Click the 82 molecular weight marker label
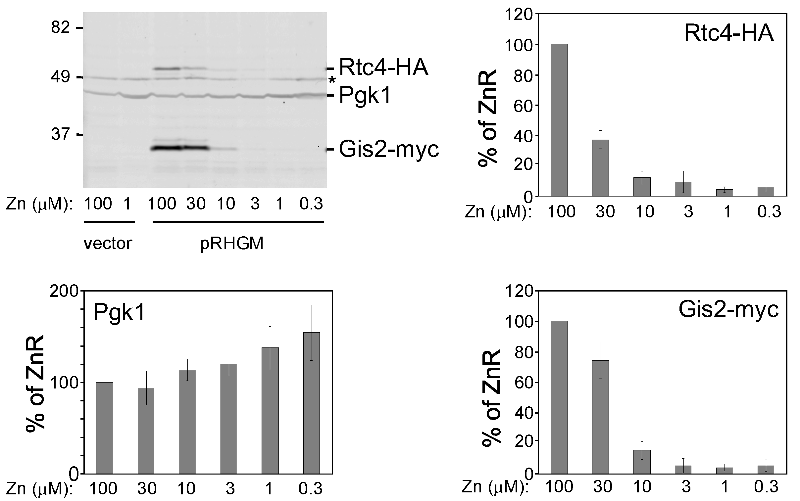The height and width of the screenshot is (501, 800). click(x=60, y=28)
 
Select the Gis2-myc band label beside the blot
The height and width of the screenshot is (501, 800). click(x=388, y=150)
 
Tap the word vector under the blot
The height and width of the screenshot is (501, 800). click(x=108, y=244)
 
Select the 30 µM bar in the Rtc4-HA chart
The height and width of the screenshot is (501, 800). click(x=600, y=168)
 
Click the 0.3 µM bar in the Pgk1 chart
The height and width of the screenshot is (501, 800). click(x=311, y=403)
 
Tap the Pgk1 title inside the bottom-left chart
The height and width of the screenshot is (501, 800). click(x=119, y=312)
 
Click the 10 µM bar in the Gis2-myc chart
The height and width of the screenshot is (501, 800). click(x=642, y=462)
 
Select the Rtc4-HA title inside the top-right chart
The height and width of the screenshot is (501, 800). click(x=729, y=33)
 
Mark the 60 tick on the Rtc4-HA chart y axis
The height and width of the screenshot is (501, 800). click(x=523, y=106)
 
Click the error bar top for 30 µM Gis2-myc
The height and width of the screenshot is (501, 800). click(x=600, y=342)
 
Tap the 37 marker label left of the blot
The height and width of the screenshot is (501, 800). click(x=61, y=135)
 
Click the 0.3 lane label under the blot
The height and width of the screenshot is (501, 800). click(x=311, y=204)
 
